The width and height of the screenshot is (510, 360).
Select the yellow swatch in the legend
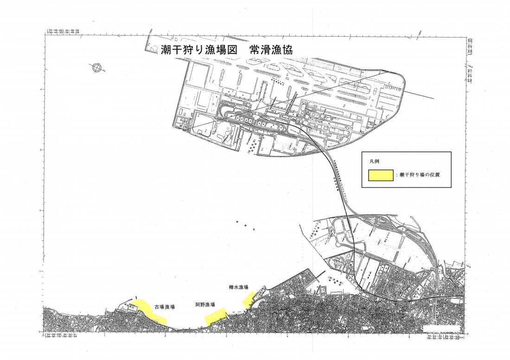point(381,175)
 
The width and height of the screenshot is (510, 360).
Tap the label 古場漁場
point(165,307)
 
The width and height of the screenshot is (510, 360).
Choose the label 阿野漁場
point(205,305)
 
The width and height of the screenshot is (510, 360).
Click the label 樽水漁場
point(238,287)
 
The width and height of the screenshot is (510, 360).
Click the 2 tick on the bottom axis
point(166,335)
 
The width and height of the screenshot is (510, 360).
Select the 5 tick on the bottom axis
point(348,335)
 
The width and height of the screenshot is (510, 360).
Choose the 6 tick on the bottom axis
point(409,335)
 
